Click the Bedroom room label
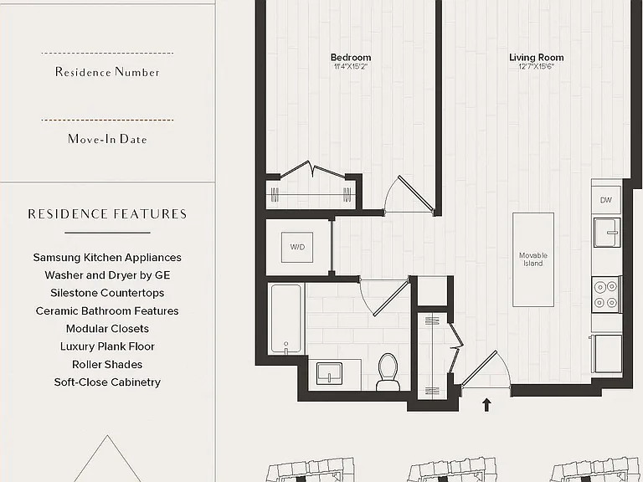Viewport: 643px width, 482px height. (351, 58)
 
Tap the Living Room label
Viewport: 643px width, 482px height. (537, 58)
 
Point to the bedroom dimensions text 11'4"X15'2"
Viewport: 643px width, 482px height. (351, 66)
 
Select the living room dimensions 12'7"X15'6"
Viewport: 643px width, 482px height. (536, 66)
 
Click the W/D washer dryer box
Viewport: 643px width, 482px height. (297, 247)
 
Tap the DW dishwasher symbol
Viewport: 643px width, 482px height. (605, 200)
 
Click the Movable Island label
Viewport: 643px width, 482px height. (533, 259)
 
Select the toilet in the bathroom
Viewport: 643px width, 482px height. (388, 372)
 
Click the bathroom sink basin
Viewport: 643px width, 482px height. (329, 373)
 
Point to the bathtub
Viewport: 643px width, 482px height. (286, 319)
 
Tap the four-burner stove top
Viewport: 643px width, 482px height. (606, 295)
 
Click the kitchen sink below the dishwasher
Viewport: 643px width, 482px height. (607, 233)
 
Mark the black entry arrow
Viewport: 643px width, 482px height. (486, 404)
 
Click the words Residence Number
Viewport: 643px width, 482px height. (107, 72)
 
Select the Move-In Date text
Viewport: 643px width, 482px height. (107, 139)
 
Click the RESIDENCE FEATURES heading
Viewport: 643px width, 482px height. (107, 214)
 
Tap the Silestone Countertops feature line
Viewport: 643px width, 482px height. (107, 293)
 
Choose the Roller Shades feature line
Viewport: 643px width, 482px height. (107, 364)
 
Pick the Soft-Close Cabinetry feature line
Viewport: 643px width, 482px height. (107, 382)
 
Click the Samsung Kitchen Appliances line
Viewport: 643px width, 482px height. (107, 258)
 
